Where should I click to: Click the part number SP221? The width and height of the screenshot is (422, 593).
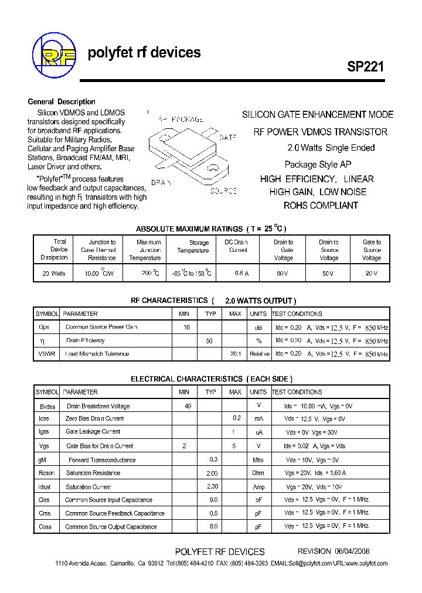pyautogui.click(x=365, y=67)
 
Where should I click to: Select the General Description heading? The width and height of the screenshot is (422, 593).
pyautogui.click(x=62, y=102)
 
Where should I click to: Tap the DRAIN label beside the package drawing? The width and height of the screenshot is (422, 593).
pyautogui.click(x=161, y=183)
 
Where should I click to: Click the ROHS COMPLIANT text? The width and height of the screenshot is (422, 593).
pyautogui.click(x=321, y=206)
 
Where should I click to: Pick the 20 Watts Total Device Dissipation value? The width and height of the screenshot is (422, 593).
pyautogui.click(x=54, y=274)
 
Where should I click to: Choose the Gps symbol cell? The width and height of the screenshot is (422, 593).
pyautogui.click(x=44, y=327)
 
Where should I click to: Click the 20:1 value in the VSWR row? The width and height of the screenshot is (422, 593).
pyautogui.click(x=235, y=354)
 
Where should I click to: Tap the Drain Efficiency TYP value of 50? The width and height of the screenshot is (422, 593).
pyautogui.click(x=209, y=340)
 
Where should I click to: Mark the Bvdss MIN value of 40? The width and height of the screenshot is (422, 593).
pyautogui.click(x=188, y=406)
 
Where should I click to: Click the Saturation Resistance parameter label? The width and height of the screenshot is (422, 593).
pyautogui.click(x=93, y=473)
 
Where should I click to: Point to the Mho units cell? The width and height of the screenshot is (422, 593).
pyautogui.click(x=258, y=460)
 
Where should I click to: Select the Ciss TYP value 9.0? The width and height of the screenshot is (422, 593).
pyautogui.click(x=213, y=500)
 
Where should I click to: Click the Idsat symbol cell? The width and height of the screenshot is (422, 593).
pyautogui.click(x=45, y=487)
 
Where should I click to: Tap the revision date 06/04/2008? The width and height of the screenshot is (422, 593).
pyautogui.click(x=352, y=551)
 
